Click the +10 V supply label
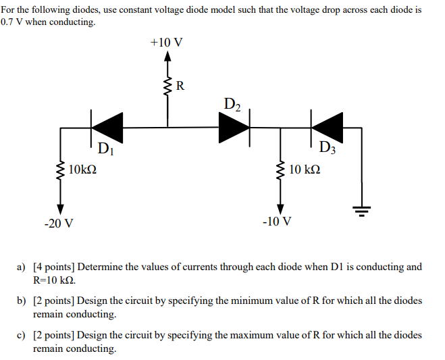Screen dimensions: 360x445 click(166, 43)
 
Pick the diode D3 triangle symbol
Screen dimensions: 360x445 click(328, 126)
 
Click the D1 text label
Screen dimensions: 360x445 click(106, 149)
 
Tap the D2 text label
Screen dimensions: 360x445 click(231, 104)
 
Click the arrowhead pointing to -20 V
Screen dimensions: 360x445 click(61, 208)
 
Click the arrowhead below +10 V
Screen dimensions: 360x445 click(167, 57)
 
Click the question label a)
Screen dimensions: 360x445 click(22, 267)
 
